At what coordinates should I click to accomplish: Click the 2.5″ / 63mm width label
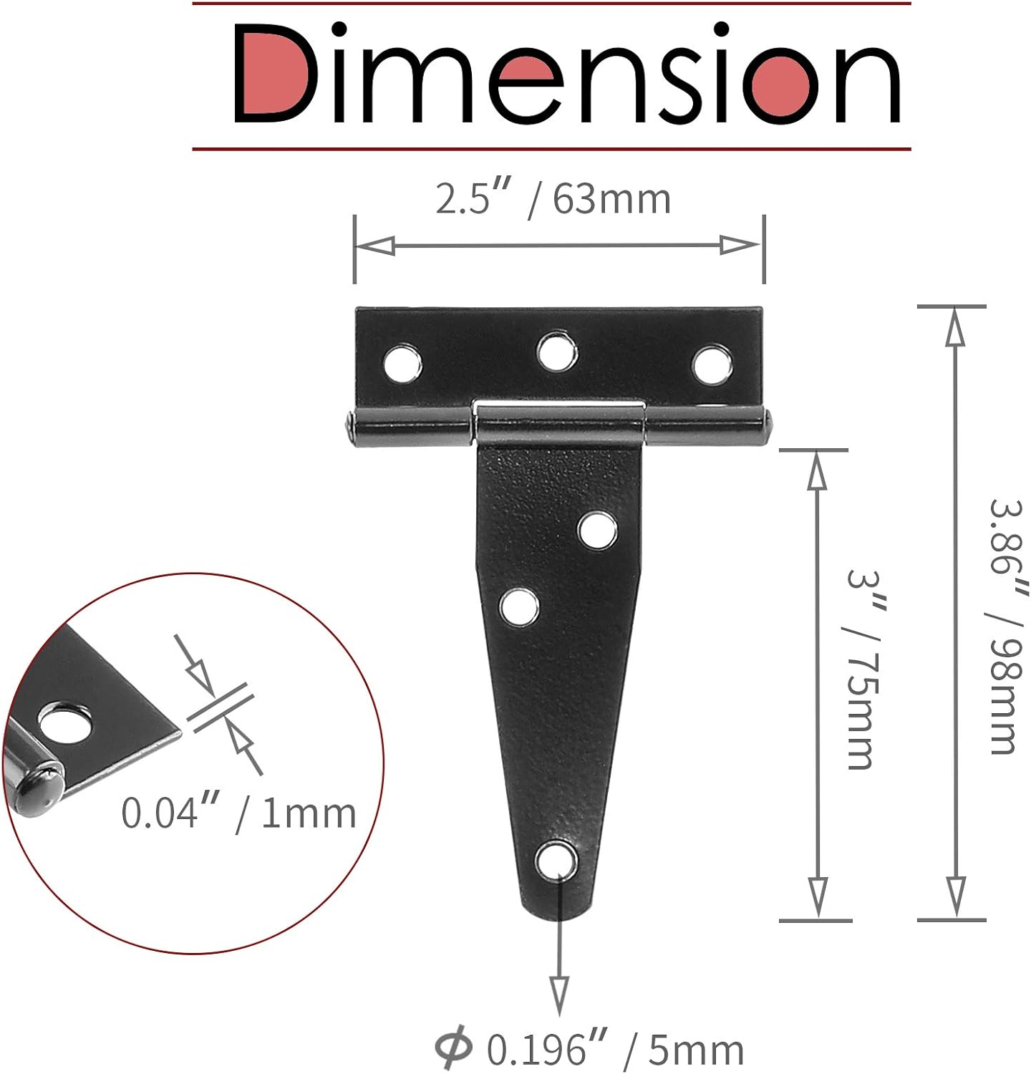point(553,199)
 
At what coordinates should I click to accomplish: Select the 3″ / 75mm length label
point(862,669)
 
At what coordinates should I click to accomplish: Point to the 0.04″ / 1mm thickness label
point(238,813)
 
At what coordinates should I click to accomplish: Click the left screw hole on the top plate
point(402,363)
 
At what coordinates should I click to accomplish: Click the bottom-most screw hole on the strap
point(557,860)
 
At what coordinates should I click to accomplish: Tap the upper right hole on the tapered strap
point(597,531)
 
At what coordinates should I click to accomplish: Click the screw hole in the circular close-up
point(66,725)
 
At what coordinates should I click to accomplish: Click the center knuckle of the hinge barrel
point(558,424)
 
